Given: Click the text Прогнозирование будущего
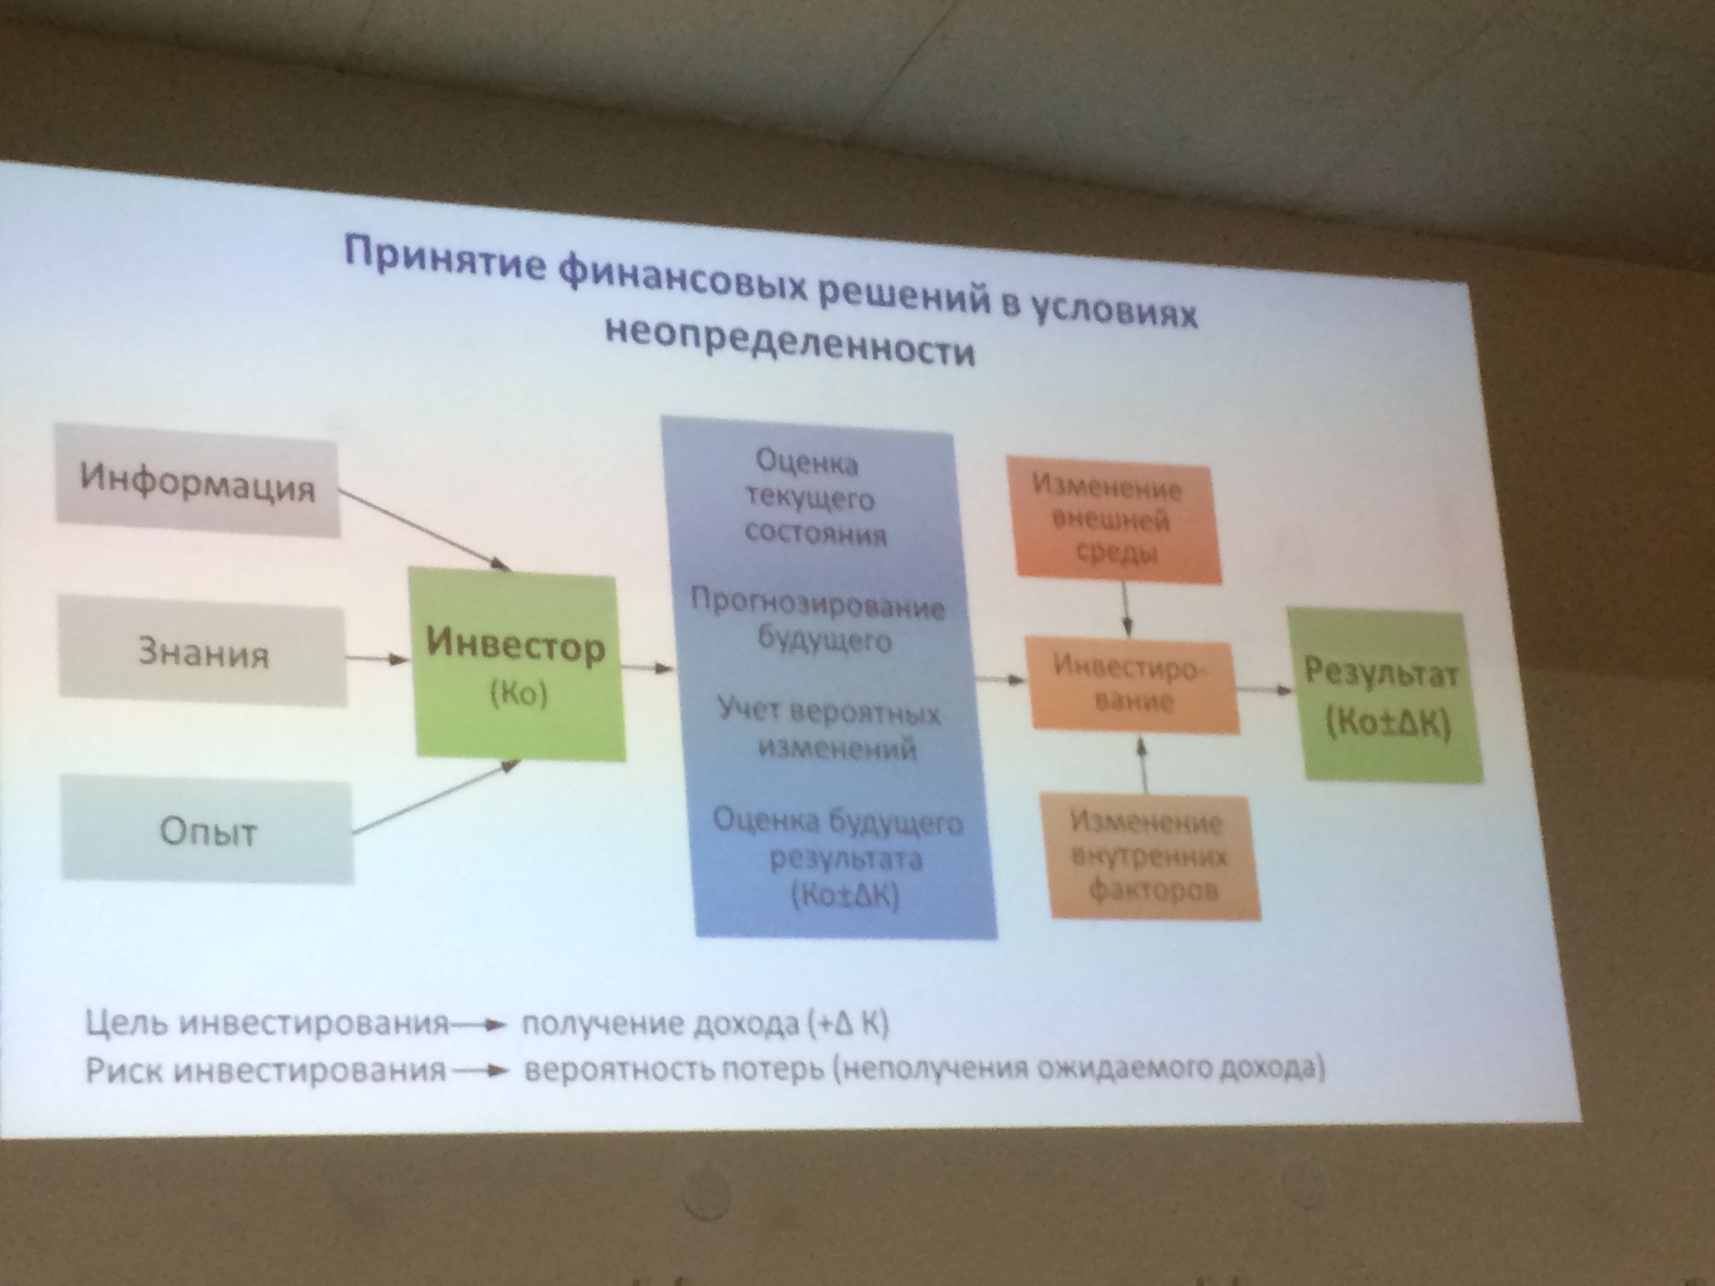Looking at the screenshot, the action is tap(819, 621).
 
